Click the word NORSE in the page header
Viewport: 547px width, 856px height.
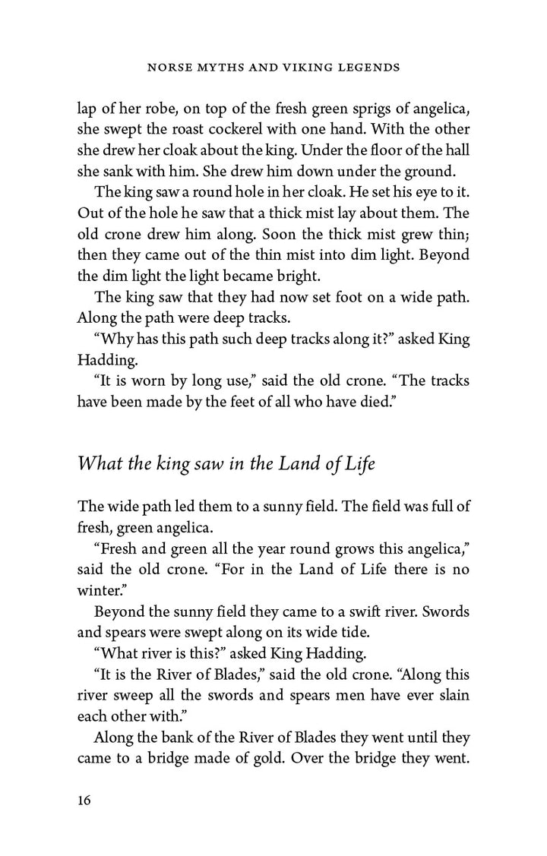pos(167,68)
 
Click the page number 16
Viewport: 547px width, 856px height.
pos(85,801)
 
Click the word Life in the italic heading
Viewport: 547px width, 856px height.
pos(356,463)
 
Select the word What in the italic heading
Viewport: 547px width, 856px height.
pos(100,463)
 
